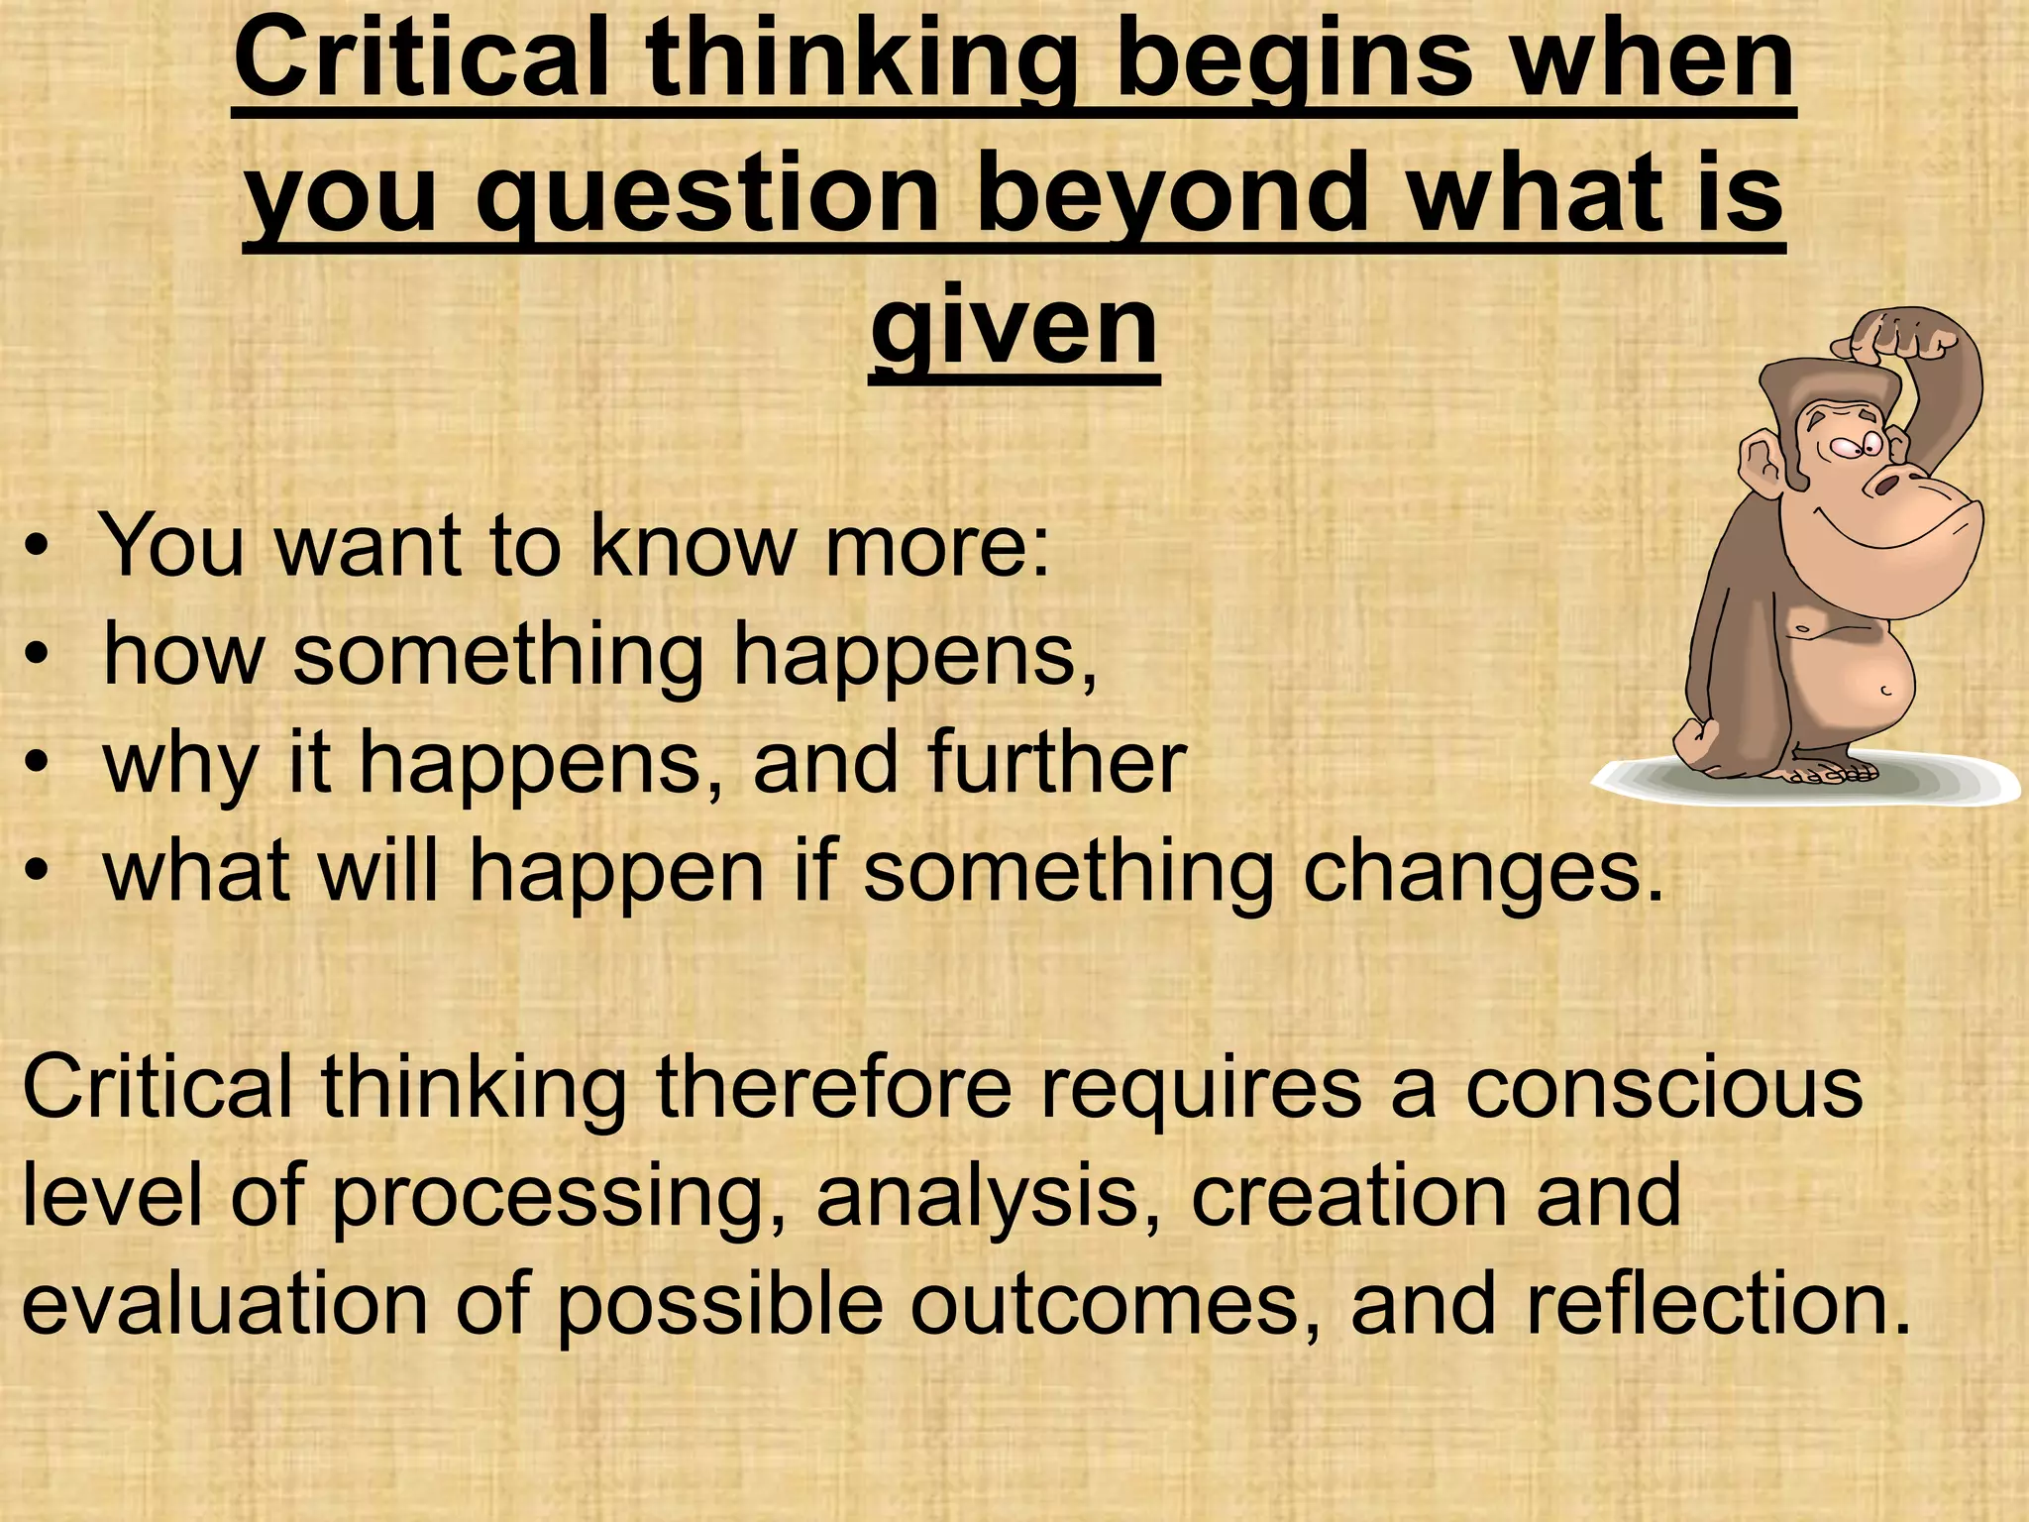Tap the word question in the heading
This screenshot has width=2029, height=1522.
707,193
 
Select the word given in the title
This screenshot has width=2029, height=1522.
1014,325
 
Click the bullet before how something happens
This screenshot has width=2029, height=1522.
37,656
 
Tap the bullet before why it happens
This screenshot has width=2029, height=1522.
37,764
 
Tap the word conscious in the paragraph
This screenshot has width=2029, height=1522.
1663,1087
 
